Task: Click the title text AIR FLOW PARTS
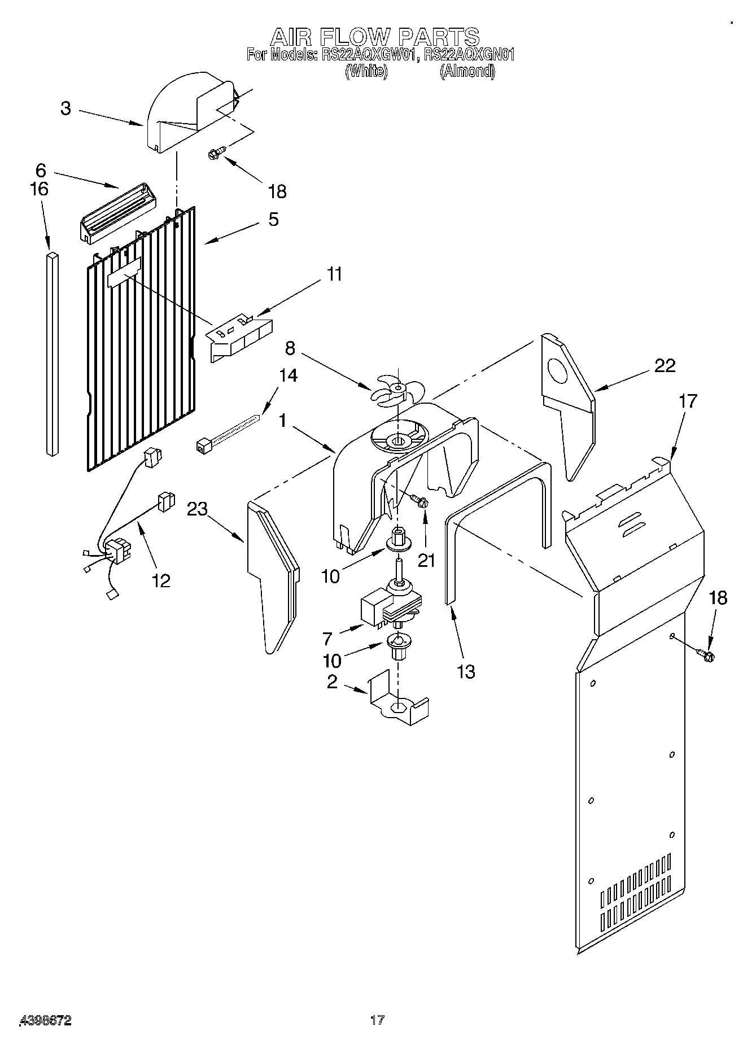374,37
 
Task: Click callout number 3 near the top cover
66,108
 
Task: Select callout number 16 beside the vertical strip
40,189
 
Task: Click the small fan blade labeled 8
396,390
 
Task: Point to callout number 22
665,366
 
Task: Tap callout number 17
688,401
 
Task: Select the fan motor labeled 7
390,607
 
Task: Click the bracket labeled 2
398,700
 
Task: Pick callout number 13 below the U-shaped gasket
466,671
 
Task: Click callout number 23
198,509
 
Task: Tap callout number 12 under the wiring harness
161,580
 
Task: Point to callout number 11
334,274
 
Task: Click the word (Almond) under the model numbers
467,71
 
